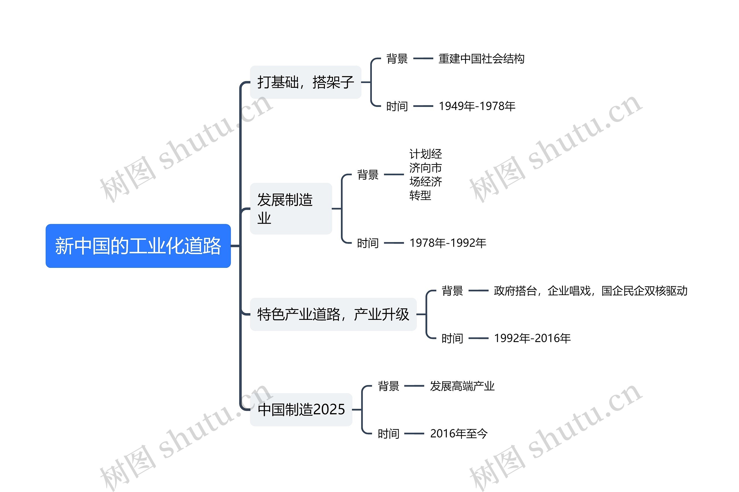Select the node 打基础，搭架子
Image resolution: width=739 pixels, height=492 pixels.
305,82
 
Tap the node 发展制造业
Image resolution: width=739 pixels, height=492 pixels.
291,209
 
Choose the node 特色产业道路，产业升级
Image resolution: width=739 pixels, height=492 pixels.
333,314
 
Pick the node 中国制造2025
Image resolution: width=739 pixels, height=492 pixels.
301,409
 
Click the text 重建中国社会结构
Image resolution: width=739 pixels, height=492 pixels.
481,59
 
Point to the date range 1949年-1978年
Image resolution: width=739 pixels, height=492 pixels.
477,106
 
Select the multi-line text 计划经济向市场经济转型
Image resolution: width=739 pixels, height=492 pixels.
426,174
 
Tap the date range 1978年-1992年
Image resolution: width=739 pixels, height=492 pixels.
448,243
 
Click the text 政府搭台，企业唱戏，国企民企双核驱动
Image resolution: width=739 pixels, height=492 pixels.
590,291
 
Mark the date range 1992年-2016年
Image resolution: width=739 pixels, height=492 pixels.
532,338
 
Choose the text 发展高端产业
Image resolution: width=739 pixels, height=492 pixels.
462,386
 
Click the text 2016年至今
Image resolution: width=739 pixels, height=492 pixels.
459,434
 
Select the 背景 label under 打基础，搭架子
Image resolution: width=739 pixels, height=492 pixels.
397,59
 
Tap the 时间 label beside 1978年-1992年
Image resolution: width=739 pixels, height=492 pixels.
368,243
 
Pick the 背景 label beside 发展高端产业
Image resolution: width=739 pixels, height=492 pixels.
389,386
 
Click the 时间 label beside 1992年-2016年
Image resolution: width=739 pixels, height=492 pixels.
452,338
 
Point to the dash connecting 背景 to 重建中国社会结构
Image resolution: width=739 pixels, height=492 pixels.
423,59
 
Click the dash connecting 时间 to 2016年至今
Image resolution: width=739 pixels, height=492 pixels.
414,434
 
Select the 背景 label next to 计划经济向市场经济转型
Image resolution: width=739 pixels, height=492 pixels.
368,174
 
